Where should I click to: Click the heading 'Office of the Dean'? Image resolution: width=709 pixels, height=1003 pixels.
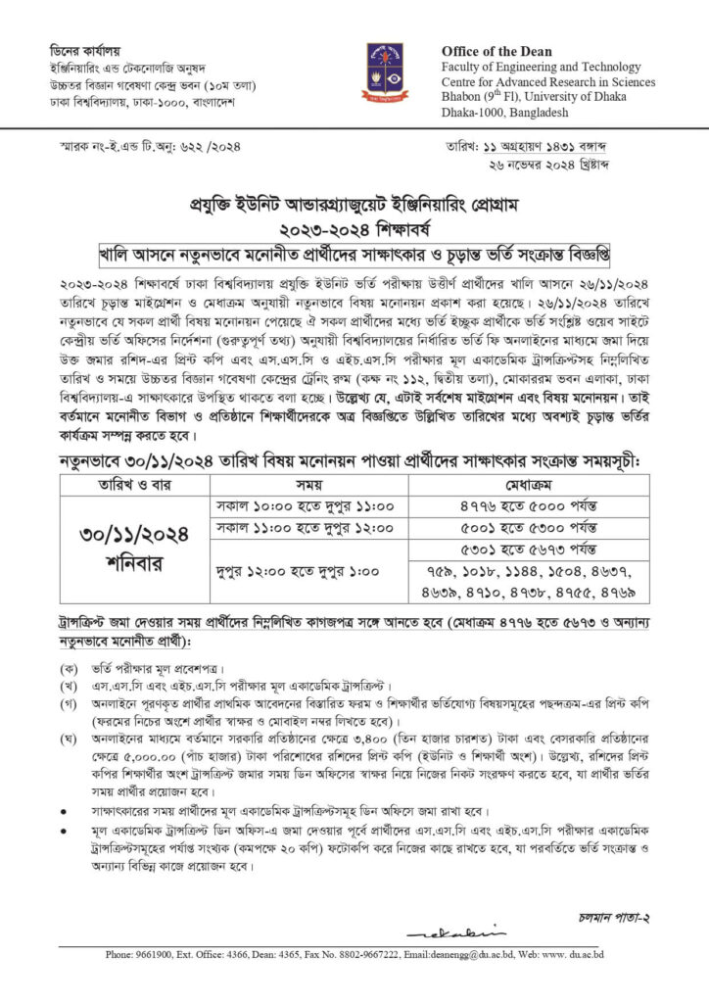tap(496, 51)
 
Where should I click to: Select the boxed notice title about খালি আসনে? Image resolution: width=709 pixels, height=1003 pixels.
tap(354, 254)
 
